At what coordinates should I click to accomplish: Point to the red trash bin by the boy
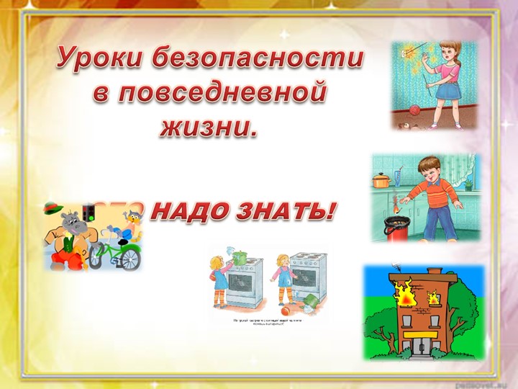tap(399, 226)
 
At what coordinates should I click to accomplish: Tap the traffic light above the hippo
tap(89, 213)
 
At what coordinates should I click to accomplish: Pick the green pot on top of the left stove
tap(238, 251)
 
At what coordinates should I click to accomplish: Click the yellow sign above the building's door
tap(417, 334)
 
